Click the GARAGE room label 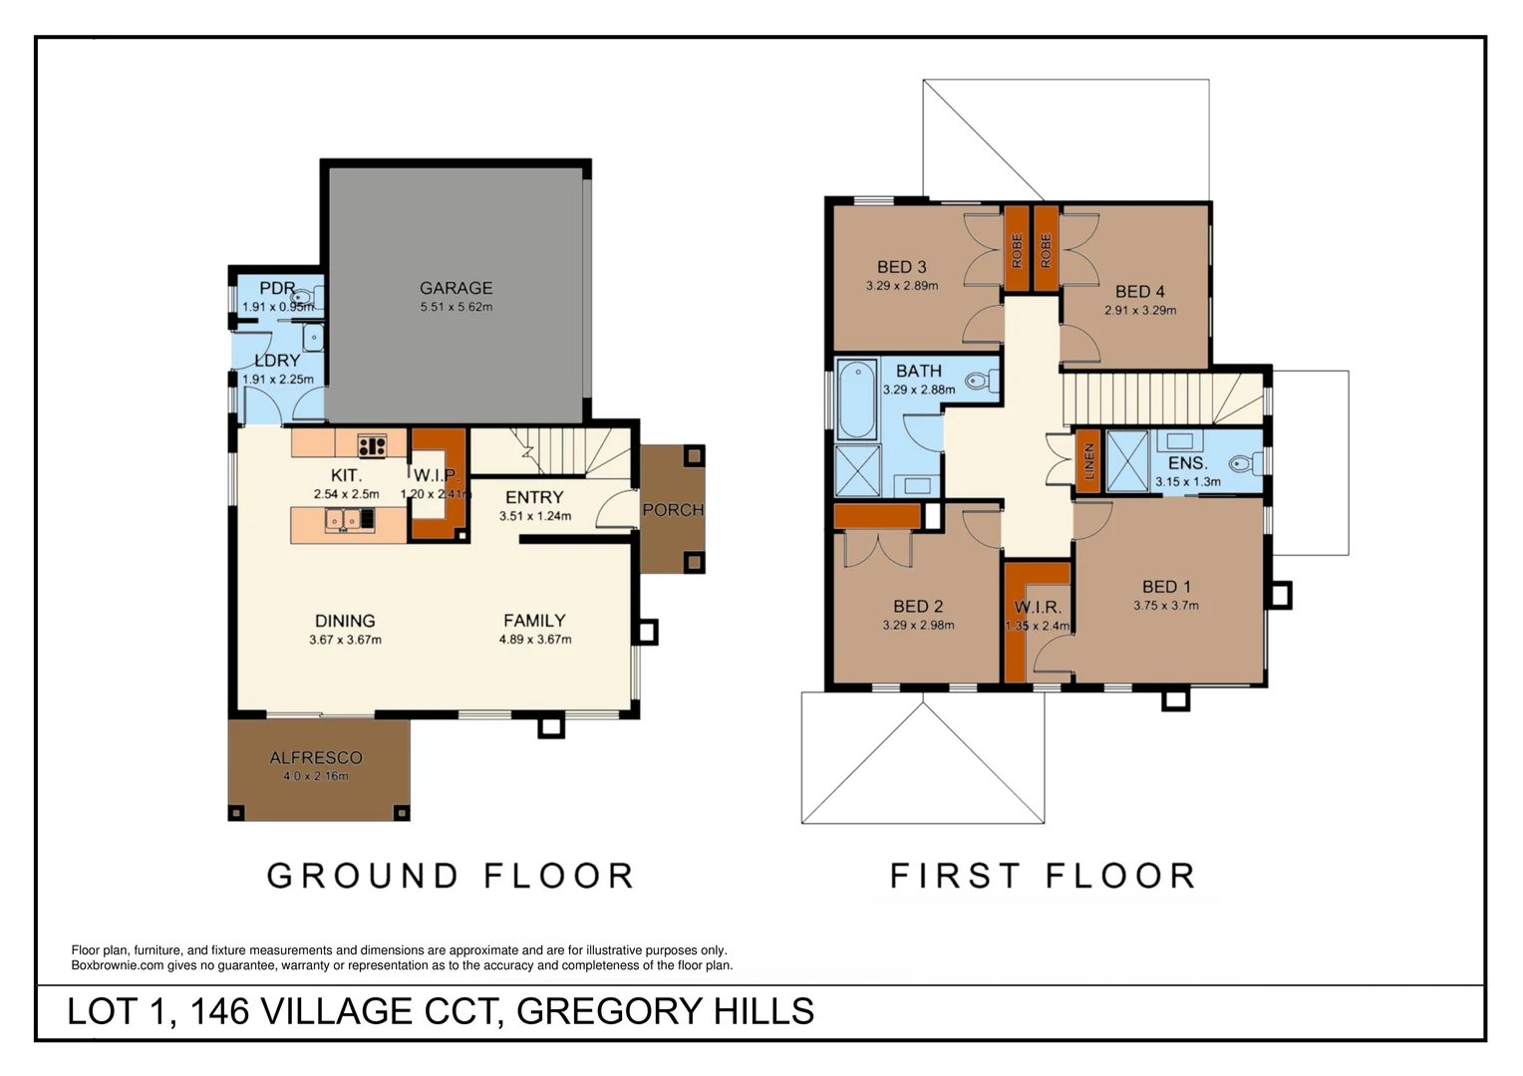click(x=456, y=288)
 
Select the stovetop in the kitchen click(x=372, y=445)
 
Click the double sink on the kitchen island click(x=341, y=519)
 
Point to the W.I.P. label click(x=436, y=475)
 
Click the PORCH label click(x=673, y=510)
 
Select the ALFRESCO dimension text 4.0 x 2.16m click(x=316, y=776)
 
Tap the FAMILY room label click(x=534, y=621)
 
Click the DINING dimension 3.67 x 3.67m click(x=345, y=640)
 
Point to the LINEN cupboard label click(x=1089, y=461)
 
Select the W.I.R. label click(x=1038, y=608)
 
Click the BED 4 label click(x=1139, y=292)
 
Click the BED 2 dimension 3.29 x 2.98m click(x=918, y=626)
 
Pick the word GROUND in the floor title click(x=362, y=876)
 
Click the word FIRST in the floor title click(x=955, y=876)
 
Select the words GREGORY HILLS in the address click(x=665, y=1011)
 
